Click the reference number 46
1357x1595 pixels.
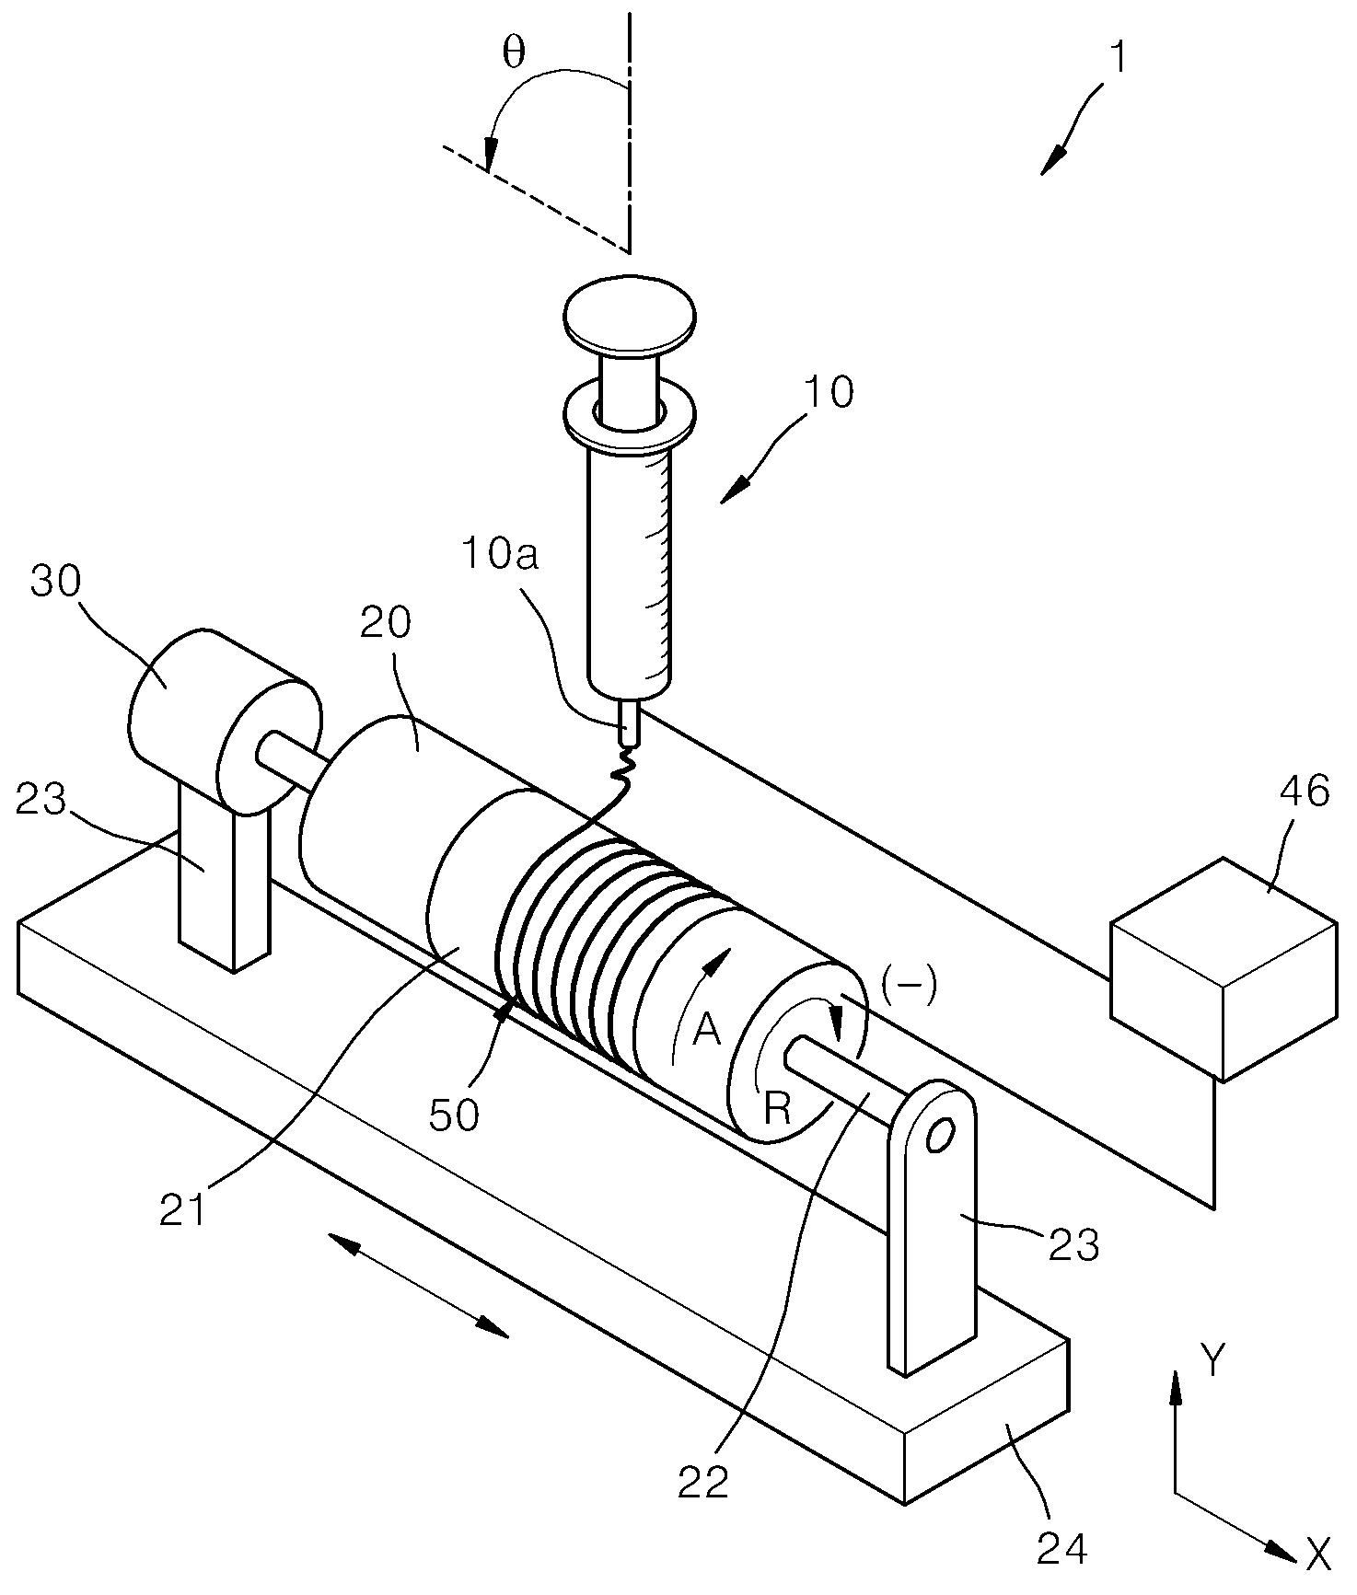[1305, 792]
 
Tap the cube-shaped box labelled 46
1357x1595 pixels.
[1224, 969]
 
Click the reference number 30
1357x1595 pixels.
[55, 582]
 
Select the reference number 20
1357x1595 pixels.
[384, 623]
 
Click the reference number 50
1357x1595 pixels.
[455, 1115]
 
